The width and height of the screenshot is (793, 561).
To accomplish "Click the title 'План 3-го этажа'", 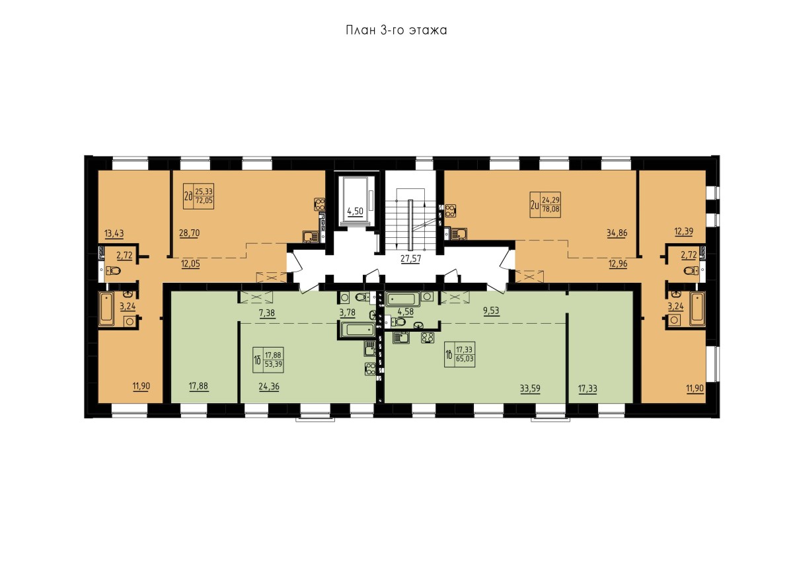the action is (396, 30).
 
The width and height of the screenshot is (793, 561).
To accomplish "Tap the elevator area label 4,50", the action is (355, 211).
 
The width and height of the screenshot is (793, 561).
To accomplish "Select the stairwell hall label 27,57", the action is (410, 258).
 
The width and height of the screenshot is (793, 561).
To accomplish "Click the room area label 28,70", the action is (190, 233).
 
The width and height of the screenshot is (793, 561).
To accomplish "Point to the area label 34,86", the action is (617, 233).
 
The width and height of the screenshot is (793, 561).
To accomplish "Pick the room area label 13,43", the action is (114, 233).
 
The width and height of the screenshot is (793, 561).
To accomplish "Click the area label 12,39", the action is (683, 231).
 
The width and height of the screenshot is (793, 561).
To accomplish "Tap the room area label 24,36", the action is (269, 387).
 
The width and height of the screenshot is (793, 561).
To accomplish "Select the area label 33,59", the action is (530, 389).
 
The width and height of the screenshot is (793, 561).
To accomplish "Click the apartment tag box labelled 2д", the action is (198, 196).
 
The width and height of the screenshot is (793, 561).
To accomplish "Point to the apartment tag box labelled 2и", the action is (545, 205).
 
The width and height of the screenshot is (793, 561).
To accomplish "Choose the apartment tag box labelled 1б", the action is (268, 360).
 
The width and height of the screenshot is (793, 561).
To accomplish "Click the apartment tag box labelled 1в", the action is (459, 354).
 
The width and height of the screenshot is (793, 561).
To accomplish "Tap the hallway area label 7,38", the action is (267, 313).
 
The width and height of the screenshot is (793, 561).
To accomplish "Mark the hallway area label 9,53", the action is (491, 311).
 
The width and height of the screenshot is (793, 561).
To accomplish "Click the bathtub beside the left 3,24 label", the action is (106, 309).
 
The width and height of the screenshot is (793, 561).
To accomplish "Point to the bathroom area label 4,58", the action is (406, 312).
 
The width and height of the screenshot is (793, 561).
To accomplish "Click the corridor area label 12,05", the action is (190, 264).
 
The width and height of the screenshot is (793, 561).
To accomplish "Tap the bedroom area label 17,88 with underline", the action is (199, 386).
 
